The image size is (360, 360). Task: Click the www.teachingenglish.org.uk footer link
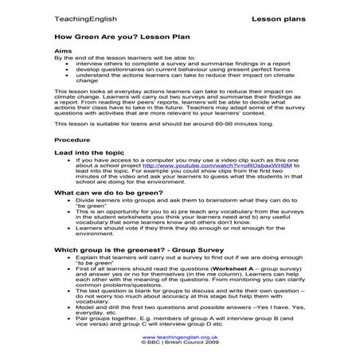point(180,337)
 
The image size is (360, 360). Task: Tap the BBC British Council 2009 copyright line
point(180,343)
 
